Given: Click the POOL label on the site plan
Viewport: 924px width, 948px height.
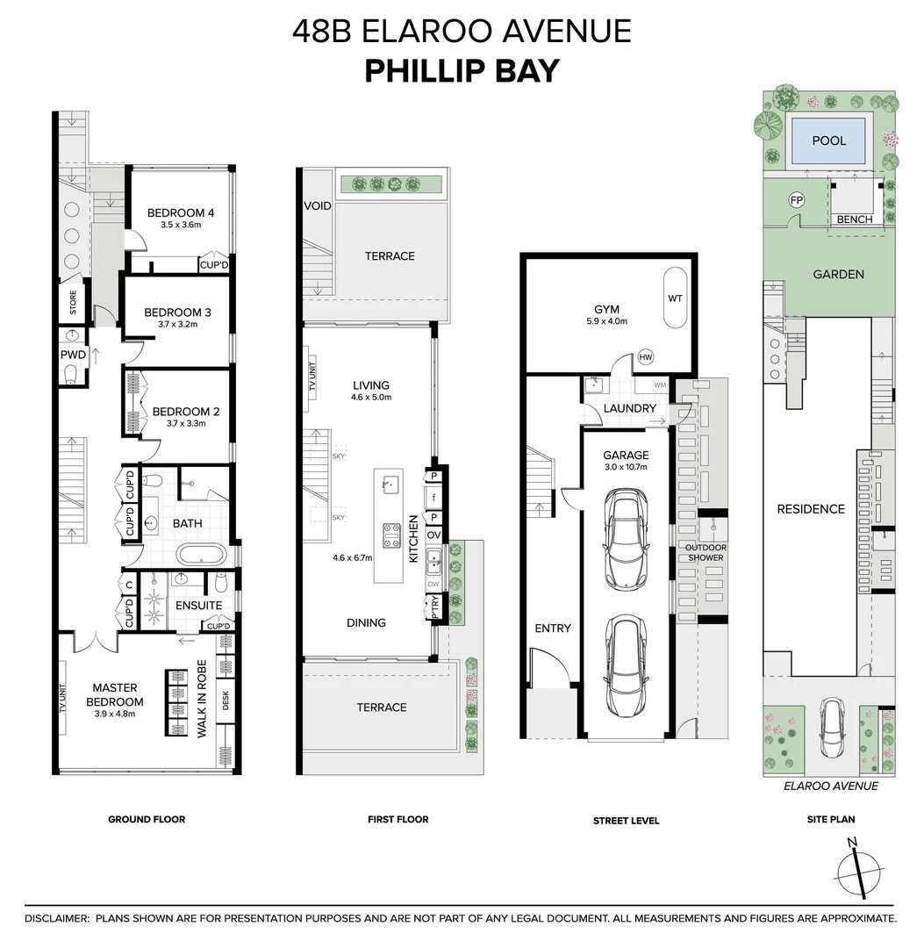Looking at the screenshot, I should (828, 140).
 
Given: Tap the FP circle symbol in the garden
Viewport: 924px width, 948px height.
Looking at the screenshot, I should (797, 200).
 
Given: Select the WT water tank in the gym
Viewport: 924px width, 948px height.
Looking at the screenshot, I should (675, 298).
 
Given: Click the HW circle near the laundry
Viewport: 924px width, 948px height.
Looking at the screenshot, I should (647, 356).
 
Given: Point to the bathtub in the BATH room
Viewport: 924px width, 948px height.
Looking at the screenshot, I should (201, 556).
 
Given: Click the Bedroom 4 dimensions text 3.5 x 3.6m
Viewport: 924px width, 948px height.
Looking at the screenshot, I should (181, 226).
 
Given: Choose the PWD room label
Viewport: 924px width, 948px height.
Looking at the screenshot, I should (72, 355).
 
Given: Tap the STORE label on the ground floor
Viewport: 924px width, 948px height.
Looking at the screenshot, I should (73, 302).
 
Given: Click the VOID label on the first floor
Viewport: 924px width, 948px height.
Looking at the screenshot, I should (317, 206).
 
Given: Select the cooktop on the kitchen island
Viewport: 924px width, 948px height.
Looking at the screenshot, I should (389, 534).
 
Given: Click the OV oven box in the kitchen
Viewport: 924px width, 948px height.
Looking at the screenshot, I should (433, 535).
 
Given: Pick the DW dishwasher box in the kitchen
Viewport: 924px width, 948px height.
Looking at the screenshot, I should (433, 583).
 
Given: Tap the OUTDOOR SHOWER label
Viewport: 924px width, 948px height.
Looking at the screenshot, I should (706, 552).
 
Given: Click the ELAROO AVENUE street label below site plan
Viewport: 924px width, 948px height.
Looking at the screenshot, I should (830, 786).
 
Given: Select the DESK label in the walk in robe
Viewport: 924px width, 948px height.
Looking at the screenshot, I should (226, 700).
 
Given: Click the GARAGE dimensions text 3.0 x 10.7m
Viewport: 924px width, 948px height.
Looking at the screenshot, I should (626, 467).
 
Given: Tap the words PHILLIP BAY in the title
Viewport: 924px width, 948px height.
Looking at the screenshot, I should (462, 70).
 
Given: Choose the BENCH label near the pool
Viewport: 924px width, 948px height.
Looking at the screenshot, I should (854, 219).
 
